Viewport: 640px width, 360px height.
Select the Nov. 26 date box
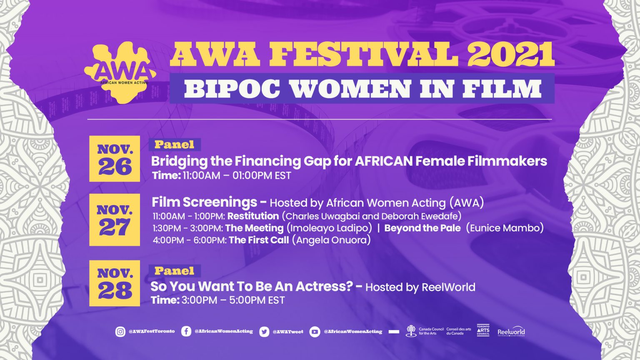point(115,159)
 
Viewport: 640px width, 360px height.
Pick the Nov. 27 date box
point(115,220)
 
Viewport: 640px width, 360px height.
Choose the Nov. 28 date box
point(115,283)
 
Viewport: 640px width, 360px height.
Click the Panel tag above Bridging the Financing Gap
point(175,145)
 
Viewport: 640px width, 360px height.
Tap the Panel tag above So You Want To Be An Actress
point(175,271)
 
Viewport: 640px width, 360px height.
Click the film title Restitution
point(253,216)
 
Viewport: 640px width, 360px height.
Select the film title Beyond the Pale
point(422,228)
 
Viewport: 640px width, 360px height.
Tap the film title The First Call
point(258,240)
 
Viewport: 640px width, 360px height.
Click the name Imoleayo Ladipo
point(329,228)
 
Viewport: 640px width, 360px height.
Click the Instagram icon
point(120,332)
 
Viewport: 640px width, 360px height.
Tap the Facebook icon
point(186,332)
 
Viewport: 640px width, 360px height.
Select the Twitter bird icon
point(264,332)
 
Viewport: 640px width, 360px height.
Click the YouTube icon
point(315,332)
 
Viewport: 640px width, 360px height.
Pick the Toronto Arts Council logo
point(483,330)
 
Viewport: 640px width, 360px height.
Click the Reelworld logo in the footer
point(511,332)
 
